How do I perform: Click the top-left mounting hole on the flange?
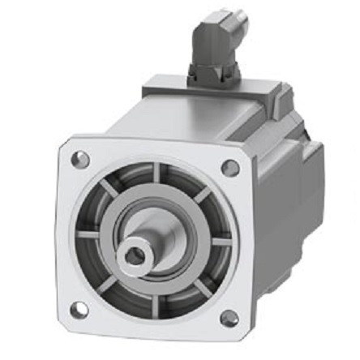point(80,160)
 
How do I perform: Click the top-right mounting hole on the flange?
point(230,168)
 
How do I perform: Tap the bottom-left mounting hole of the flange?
point(79,310)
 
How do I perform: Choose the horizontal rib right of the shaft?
point(220,241)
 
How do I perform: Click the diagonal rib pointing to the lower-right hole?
point(201,289)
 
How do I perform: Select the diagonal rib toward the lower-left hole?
point(104,285)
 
